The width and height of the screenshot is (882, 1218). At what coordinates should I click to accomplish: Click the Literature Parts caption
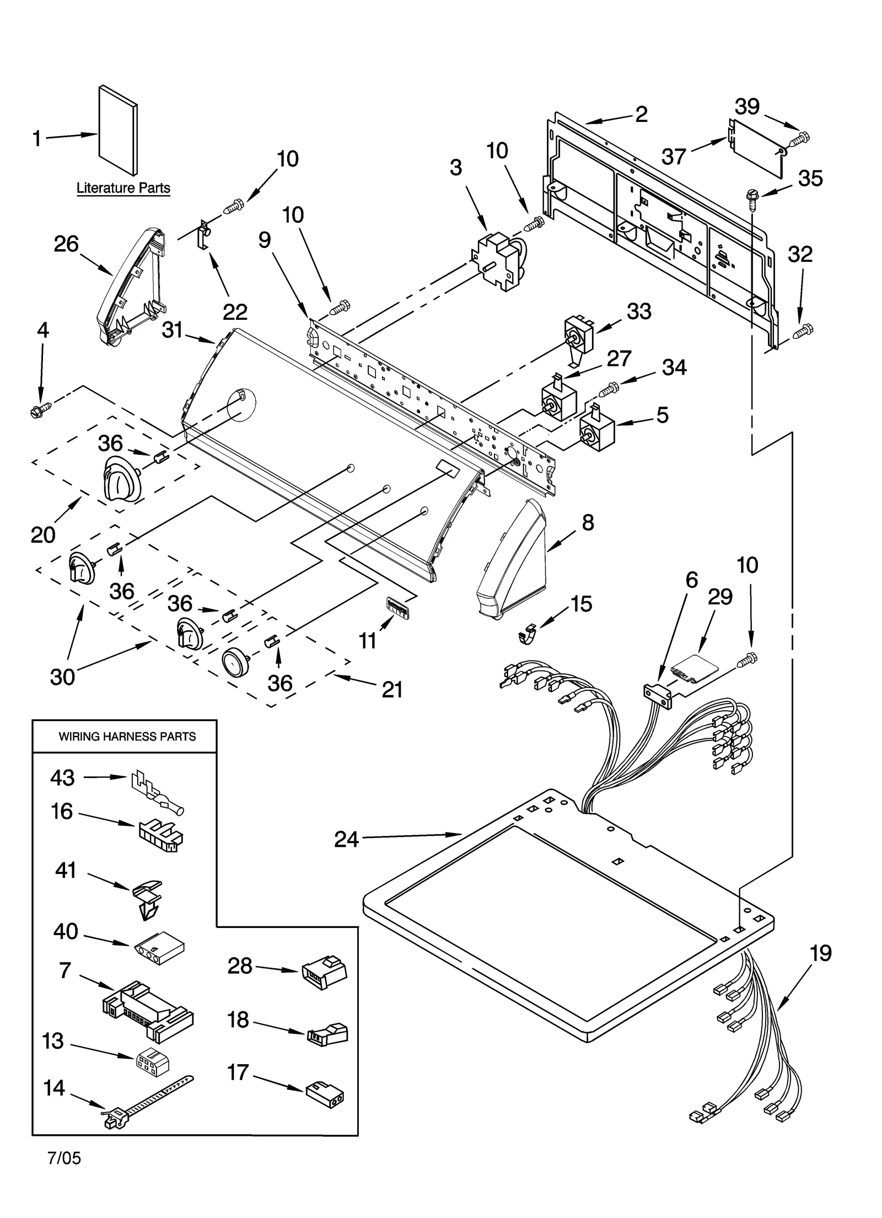tap(123, 188)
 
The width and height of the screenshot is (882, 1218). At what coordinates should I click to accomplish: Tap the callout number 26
tap(66, 244)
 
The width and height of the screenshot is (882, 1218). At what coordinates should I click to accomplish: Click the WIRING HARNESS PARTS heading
tap(127, 736)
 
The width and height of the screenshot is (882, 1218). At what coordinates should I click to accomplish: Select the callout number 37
tap(674, 157)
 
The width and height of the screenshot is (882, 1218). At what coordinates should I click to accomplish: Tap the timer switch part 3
tap(498, 259)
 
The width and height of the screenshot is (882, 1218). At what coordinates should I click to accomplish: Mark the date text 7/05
tap(64, 1158)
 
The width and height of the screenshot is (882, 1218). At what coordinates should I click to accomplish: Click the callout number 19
tap(821, 953)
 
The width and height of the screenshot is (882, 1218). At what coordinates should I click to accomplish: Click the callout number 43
tap(62, 777)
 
